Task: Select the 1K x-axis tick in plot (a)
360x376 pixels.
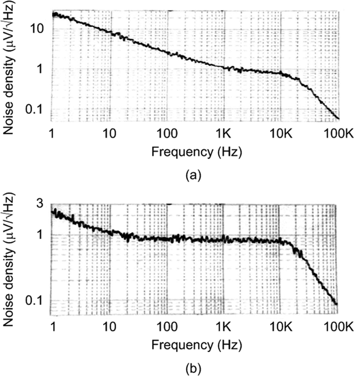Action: pyautogui.click(x=224, y=133)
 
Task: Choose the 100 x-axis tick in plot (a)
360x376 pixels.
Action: pyautogui.click(x=167, y=133)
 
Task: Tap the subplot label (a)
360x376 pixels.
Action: pyautogui.click(x=193, y=175)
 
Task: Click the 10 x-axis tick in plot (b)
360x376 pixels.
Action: pyautogui.click(x=110, y=327)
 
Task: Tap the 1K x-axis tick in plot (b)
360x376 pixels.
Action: pyautogui.click(x=224, y=327)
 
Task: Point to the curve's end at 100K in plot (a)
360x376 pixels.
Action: pyautogui.click(x=339, y=119)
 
